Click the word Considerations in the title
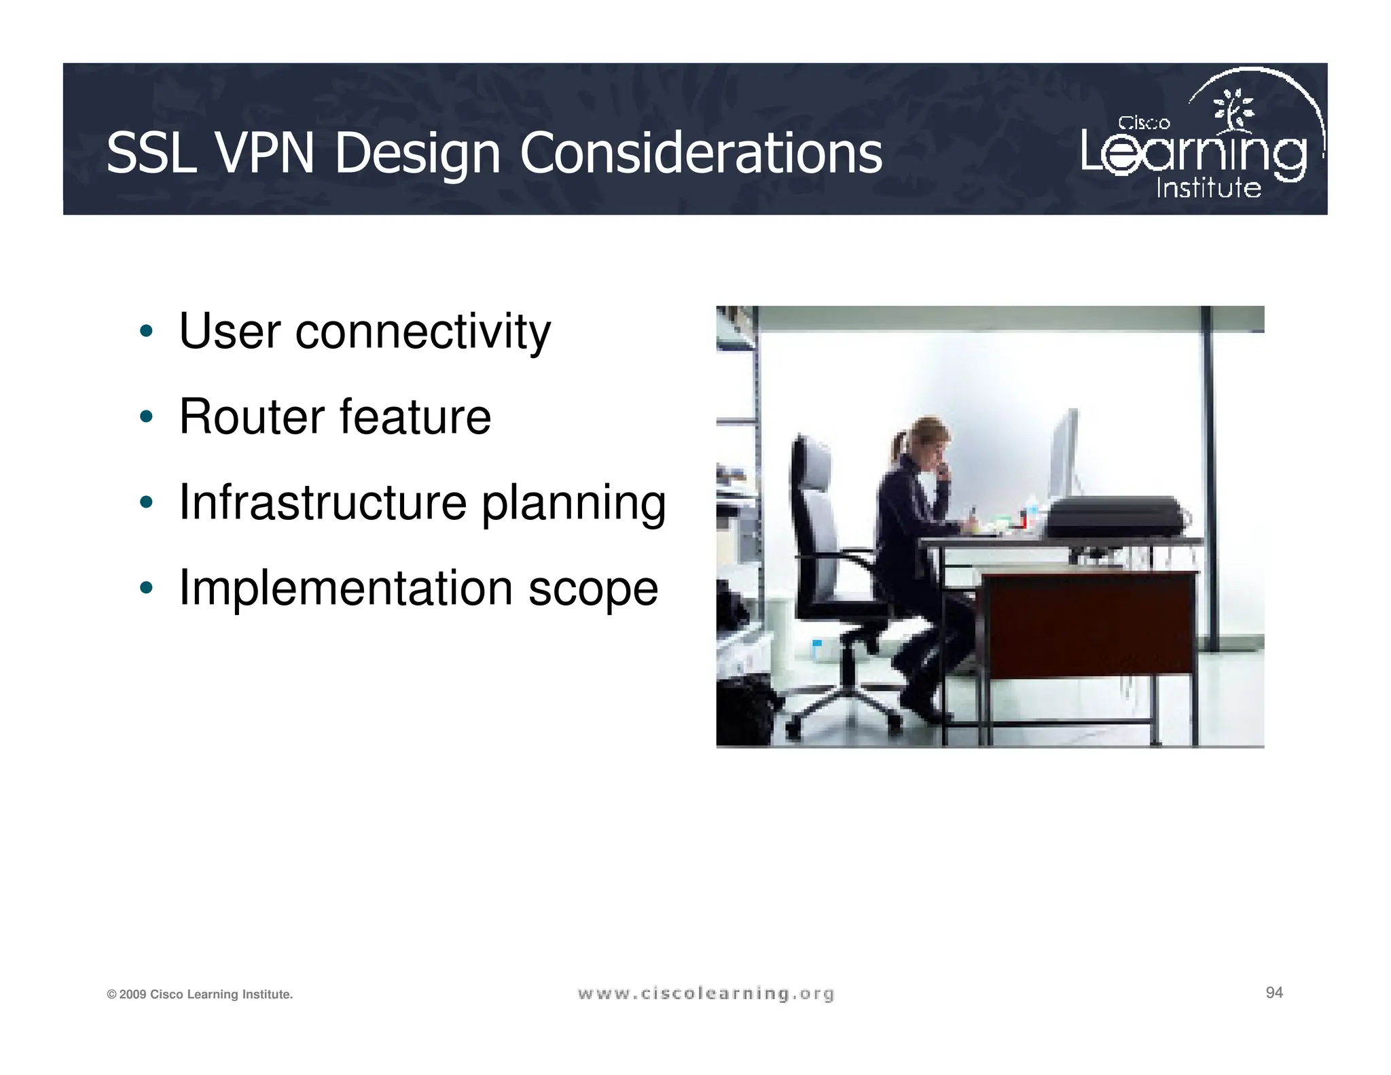pos(700,154)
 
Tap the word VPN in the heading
pos(265,154)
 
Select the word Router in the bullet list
pos(250,417)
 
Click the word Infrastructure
pos(323,502)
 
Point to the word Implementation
pos(346,588)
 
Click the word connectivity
pos(422,332)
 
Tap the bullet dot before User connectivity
pos(145,332)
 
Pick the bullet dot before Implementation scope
pos(145,588)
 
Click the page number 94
pos(1274,993)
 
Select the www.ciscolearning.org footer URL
pos(706,994)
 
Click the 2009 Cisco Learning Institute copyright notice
pos(200,995)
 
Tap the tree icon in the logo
pos(1233,109)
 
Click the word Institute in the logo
pos(1208,188)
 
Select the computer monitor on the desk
pos(1064,455)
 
